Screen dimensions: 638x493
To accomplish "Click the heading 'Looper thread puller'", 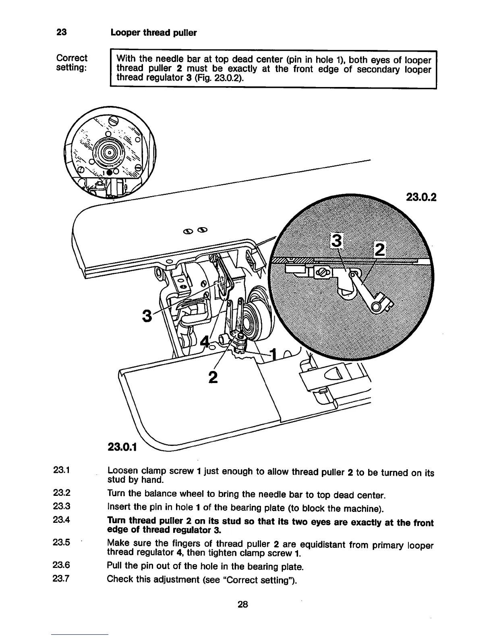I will (153, 33).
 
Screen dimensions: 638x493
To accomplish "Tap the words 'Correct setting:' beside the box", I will (72, 62).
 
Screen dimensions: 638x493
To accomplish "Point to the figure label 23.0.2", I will (421, 198).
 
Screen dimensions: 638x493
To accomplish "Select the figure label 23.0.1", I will (122, 447).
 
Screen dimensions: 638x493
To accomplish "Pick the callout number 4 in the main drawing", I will (205, 342).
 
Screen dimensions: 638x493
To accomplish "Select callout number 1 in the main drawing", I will (274, 354).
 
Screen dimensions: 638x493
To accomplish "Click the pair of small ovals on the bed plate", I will (196, 231).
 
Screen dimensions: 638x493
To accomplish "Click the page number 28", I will (242, 604).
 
